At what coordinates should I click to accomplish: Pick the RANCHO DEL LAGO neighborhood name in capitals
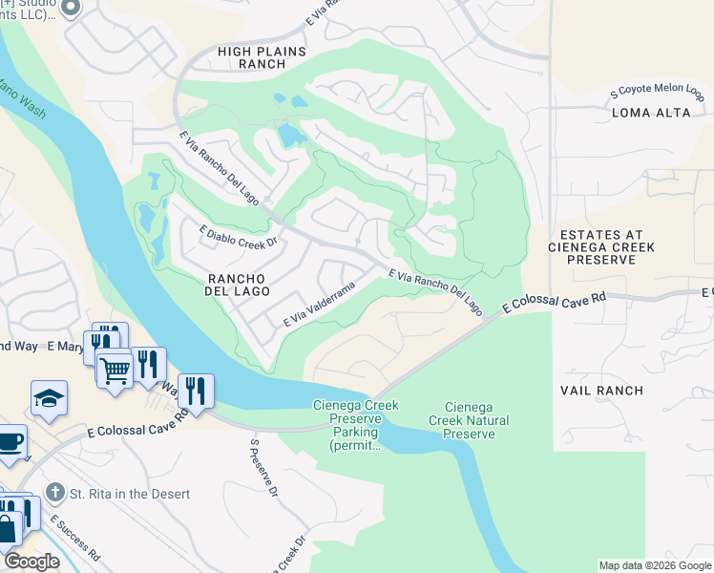239,284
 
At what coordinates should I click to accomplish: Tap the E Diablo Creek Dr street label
238,236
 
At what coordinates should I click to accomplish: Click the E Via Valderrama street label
319,306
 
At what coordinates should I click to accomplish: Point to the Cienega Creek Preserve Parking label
355,425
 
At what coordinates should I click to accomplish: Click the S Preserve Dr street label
262,468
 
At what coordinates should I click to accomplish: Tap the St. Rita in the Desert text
130,494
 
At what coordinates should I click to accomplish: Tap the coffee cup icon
10,441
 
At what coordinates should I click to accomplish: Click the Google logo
31,562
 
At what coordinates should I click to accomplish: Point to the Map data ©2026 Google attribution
655,565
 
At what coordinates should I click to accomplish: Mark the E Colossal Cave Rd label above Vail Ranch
554,305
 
